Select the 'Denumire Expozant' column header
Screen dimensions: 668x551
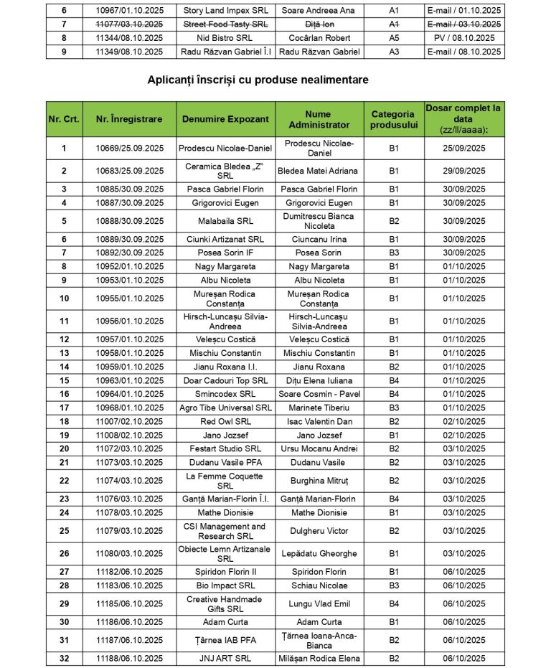225,119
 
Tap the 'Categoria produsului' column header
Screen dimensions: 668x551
392,119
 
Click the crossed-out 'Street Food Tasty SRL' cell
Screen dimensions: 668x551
225,24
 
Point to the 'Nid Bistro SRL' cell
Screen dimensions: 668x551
225,37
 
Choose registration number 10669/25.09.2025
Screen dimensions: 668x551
129,149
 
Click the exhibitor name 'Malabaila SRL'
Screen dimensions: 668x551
225,221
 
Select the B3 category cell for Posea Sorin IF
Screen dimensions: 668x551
393,253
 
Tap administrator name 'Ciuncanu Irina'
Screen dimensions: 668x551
319,239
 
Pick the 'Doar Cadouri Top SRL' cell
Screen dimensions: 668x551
225,380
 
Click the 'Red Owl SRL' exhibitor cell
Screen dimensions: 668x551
225,421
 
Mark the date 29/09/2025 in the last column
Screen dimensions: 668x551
464,171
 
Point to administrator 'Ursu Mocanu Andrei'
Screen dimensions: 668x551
319,448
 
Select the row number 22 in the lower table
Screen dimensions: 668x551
64,481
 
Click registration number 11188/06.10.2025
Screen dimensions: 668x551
129,658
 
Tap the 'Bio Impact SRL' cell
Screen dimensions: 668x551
225,585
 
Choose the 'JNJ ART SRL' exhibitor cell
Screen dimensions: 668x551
225,658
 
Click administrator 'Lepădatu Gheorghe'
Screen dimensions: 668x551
319,554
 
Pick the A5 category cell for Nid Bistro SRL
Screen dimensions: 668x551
393,37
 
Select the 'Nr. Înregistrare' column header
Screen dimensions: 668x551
129,119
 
